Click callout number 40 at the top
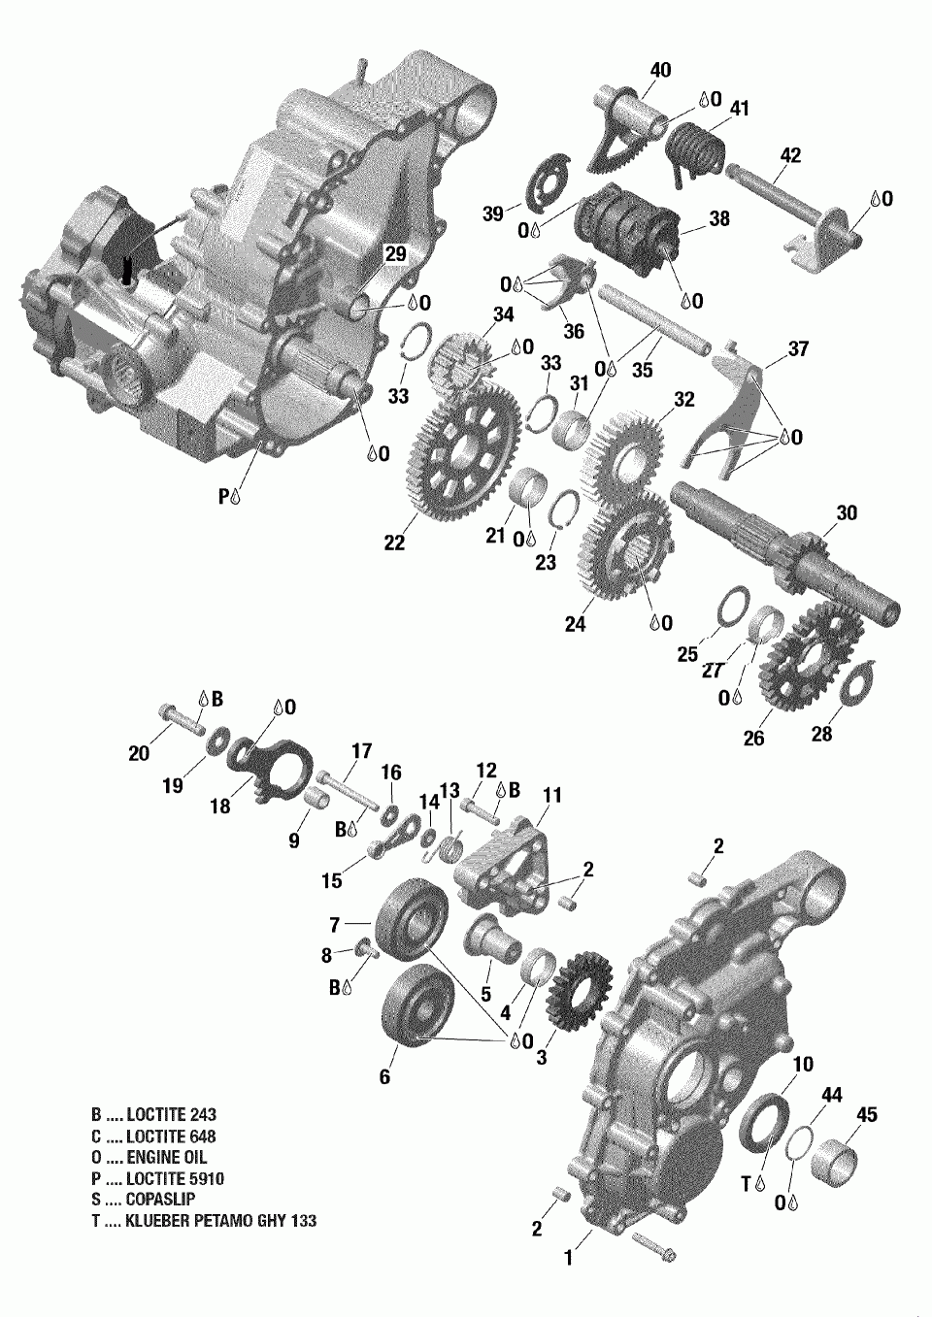(x=661, y=70)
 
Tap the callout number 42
(x=790, y=155)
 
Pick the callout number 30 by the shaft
(x=847, y=512)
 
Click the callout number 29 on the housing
(x=395, y=254)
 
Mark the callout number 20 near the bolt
(x=139, y=752)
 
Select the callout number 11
(x=552, y=796)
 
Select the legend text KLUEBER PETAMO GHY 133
(x=221, y=1220)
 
